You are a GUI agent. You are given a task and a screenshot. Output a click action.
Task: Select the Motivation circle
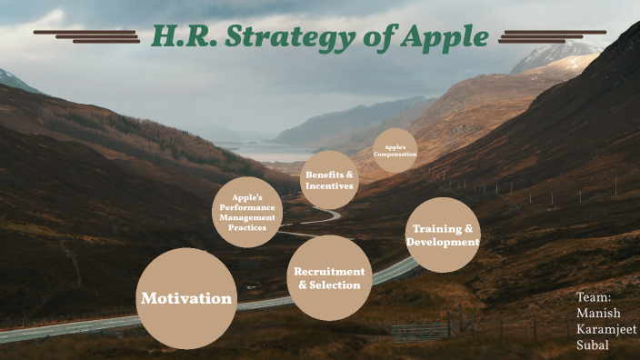pyautogui.click(x=186, y=299)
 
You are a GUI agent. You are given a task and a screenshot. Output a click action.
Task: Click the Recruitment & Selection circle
pyautogui.click(x=329, y=277)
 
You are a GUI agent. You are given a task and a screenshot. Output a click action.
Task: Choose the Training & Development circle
pyautogui.click(x=443, y=235)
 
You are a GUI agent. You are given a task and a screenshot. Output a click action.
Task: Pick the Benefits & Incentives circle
pyautogui.click(x=329, y=179)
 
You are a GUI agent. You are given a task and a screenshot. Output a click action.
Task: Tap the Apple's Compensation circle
pyautogui.click(x=395, y=151)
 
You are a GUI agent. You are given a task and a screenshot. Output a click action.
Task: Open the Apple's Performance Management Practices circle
pyautogui.click(x=247, y=212)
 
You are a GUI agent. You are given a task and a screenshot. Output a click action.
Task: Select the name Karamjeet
pyautogui.click(x=606, y=329)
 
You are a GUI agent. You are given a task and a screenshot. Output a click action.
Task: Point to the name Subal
pyautogui.click(x=593, y=345)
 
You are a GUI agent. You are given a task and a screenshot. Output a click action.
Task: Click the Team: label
pyautogui.click(x=594, y=297)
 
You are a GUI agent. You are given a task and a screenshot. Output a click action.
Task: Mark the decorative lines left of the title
pyautogui.click(x=87, y=36)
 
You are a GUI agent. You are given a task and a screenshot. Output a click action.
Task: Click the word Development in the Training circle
pyautogui.click(x=443, y=242)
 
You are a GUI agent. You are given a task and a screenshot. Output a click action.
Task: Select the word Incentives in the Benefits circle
pyautogui.click(x=329, y=185)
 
